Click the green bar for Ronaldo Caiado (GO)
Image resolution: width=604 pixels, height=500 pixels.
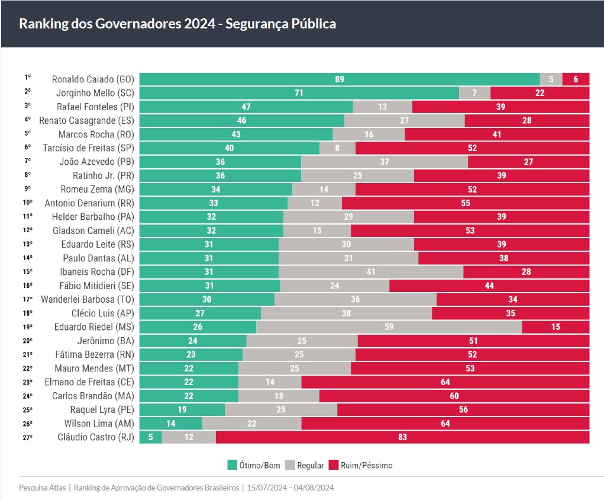pos(339,79)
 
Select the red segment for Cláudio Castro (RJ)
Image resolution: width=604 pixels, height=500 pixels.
pos(402,437)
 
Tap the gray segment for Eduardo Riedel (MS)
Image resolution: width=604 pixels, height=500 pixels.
pos(389,327)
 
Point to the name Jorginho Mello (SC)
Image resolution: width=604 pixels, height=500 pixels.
pos(95,93)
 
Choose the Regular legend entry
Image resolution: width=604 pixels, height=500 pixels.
pos(305,465)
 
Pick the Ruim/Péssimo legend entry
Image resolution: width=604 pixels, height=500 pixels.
pos(360,465)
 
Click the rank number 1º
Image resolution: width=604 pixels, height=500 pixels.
pos(27,78)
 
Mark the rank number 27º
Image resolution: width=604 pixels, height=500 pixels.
pos(28,437)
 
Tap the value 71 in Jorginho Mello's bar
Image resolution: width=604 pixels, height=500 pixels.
pos(299,93)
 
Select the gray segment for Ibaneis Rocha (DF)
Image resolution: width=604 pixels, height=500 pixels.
pos(370,272)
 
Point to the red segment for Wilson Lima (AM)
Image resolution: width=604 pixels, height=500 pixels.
pos(445,424)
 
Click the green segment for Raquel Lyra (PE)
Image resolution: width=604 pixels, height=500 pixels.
pos(182,410)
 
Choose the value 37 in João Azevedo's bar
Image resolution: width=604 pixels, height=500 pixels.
pos(384,162)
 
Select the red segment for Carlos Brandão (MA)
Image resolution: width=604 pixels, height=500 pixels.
pos(454,396)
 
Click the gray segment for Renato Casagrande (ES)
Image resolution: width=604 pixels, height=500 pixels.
pos(404,120)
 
